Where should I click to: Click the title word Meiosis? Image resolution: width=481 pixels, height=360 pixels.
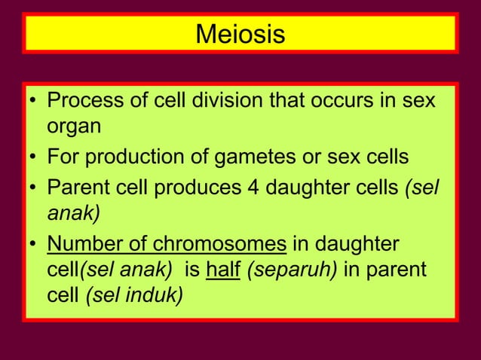(x=240, y=35)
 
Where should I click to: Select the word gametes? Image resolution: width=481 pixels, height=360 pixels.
(x=280, y=157)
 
